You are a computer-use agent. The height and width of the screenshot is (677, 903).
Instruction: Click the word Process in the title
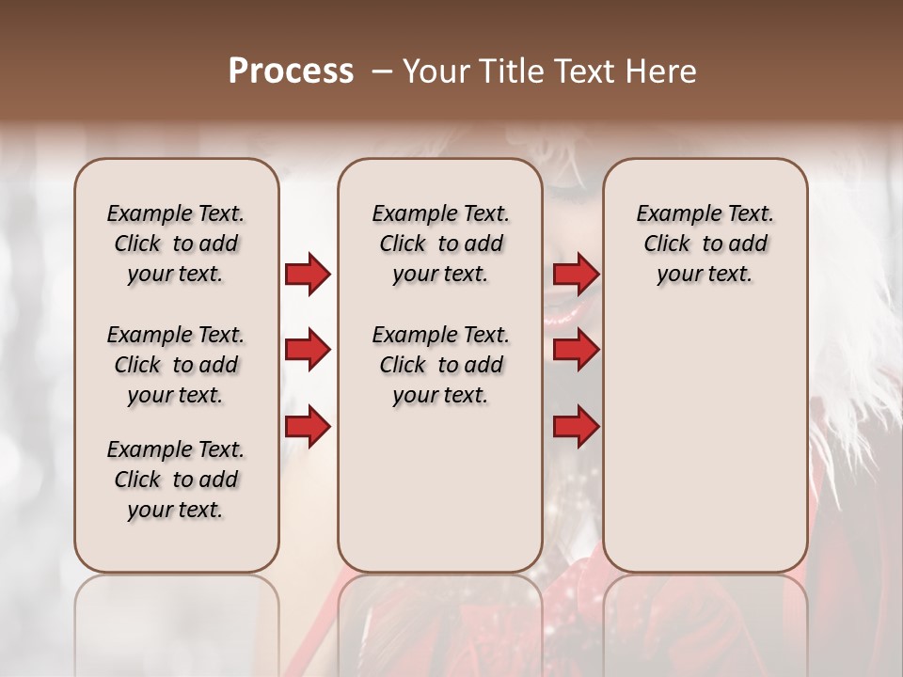pyautogui.click(x=291, y=71)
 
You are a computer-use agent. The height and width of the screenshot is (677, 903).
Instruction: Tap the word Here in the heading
pyautogui.click(x=658, y=71)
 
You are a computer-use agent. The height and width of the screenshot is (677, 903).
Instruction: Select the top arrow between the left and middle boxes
pyautogui.click(x=308, y=275)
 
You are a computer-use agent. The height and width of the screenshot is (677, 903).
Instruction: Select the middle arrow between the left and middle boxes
pyautogui.click(x=308, y=351)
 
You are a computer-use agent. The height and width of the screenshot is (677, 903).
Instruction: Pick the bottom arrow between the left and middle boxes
pyautogui.click(x=308, y=427)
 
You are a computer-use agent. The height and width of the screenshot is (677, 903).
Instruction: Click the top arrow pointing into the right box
pyautogui.click(x=576, y=275)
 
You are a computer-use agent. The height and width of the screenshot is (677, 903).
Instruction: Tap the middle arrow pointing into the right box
pyautogui.click(x=576, y=351)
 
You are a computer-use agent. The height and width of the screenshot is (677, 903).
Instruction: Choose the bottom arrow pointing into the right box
pyautogui.click(x=576, y=427)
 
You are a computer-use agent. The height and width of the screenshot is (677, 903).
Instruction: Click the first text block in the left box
pyautogui.click(x=176, y=244)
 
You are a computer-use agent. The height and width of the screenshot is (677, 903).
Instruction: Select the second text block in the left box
pyautogui.click(x=176, y=365)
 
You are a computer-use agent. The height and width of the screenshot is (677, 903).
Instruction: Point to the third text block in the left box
pyautogui.click(x=176, y=480)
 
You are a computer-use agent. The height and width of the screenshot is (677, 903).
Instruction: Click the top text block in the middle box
pyautogui.click(x=440, y=244)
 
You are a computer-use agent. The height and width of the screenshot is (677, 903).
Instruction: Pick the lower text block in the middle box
pyautogui.click(x=440, y=365)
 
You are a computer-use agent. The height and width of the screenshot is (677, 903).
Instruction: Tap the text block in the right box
pyautogui.click(x=705, y=244)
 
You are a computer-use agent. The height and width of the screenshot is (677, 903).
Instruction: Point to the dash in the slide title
pyautogui.click(x=382, y=71)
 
